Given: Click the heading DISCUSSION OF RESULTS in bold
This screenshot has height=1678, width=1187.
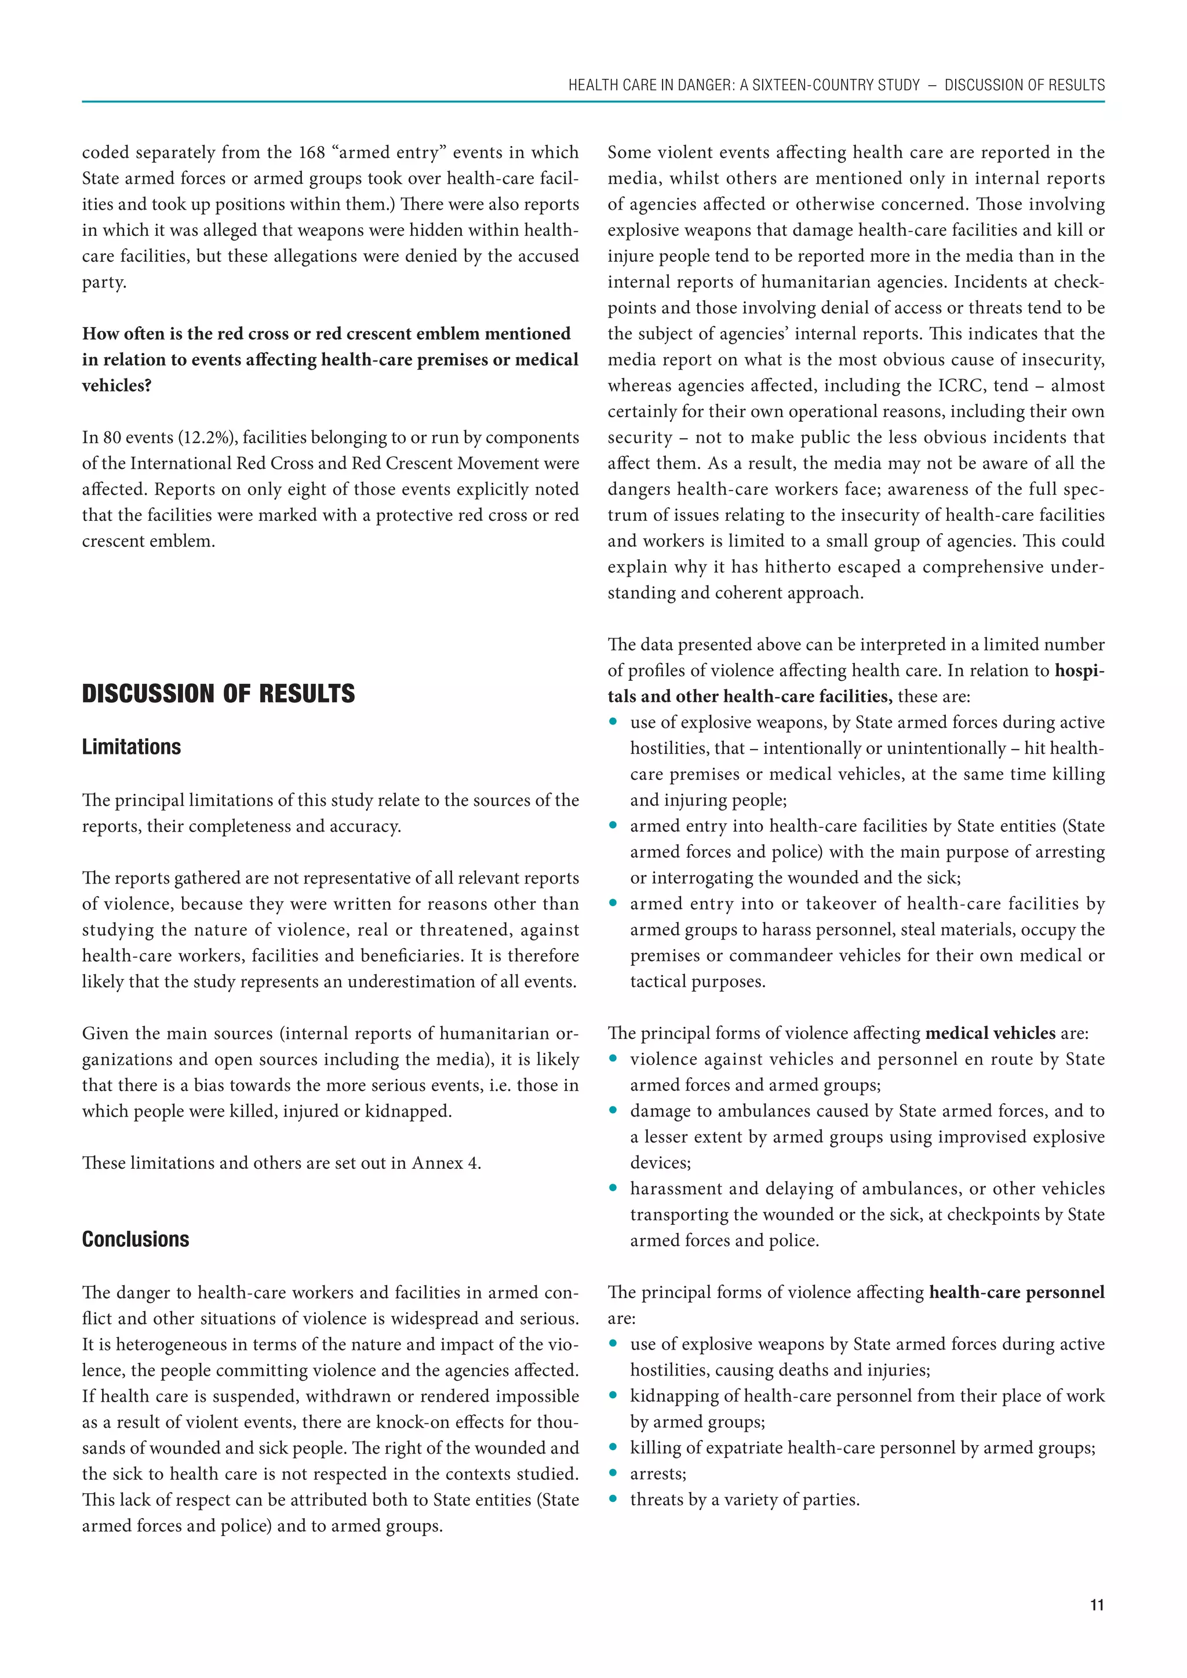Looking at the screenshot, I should coord(218,694).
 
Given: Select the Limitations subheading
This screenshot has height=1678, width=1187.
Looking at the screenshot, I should coord(132,747).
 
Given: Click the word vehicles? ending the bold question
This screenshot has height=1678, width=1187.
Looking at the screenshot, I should coord(116,386).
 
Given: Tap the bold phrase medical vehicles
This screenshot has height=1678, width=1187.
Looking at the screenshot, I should coord(991,1034).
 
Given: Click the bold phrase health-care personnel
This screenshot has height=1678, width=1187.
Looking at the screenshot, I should coord(1017,1292).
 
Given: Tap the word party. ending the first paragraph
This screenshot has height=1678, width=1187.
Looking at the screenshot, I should coord(104,282).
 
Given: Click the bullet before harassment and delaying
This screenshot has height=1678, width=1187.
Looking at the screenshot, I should coord(613,1189).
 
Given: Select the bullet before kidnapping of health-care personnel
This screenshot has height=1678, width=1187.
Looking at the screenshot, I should coord(613,1396).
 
